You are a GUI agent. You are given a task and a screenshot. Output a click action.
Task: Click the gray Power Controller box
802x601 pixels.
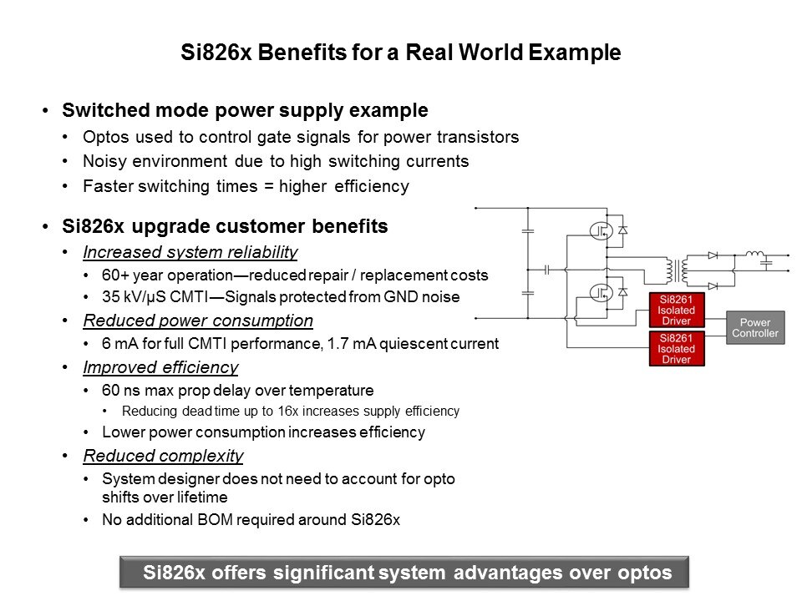tap(755, 327)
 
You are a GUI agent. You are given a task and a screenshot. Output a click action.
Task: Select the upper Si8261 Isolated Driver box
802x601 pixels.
tap(677, 310)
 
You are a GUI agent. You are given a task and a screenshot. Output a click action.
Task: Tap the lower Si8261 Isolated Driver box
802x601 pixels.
tap(677, 349)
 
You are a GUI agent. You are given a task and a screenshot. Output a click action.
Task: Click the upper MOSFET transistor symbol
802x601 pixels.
tap(601, 231)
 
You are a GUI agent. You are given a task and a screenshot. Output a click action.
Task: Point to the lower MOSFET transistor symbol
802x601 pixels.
tap(601, 293)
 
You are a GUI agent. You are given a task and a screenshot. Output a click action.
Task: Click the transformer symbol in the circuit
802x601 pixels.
tap(676, 270)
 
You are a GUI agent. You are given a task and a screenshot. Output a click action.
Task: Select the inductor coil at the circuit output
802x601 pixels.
tap(755, 254)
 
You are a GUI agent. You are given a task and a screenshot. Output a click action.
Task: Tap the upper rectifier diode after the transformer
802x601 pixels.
tap(713, 255)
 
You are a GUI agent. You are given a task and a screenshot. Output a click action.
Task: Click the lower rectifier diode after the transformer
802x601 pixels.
tap(713, 286)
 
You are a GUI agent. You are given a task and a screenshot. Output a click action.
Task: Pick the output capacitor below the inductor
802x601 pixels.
tap(766, 264)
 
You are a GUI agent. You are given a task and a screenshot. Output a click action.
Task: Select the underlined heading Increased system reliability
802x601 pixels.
tap(190, 252)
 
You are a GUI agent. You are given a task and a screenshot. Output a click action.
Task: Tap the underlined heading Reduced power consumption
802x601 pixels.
tap(198, 321)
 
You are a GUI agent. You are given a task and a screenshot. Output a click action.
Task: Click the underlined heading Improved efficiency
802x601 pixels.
tap(160, 367)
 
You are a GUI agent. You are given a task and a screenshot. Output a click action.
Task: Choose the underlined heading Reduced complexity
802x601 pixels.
tap(163, 456)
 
